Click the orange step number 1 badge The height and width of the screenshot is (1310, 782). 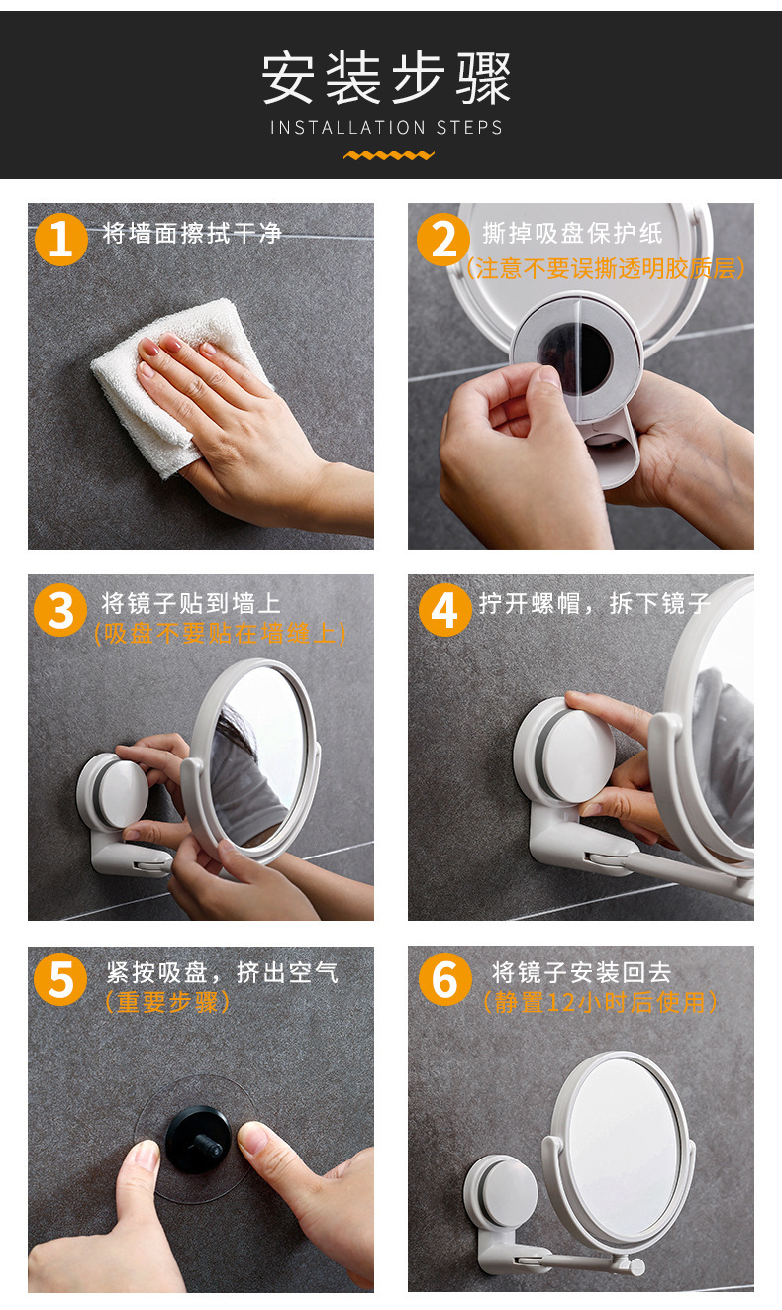[60, 240]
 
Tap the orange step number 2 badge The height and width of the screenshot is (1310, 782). [443, 240]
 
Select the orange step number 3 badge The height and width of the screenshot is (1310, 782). [60, 610]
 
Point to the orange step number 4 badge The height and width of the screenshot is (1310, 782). [445, 610]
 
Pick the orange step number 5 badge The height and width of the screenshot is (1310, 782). [60, 979]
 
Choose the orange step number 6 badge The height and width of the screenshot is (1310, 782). [445, 979]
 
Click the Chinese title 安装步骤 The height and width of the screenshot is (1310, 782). [386, 78]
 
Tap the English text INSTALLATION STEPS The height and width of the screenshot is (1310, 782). [386, 128]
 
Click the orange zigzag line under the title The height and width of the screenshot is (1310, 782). [389, 155]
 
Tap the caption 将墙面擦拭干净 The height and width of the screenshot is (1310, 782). [192, 234]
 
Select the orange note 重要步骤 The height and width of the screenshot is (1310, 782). [167, 1002]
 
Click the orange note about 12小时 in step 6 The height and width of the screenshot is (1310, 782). [600, 1002]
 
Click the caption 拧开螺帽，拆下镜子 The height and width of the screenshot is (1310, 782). [595, 604]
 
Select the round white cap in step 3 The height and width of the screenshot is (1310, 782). [123, 794]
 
